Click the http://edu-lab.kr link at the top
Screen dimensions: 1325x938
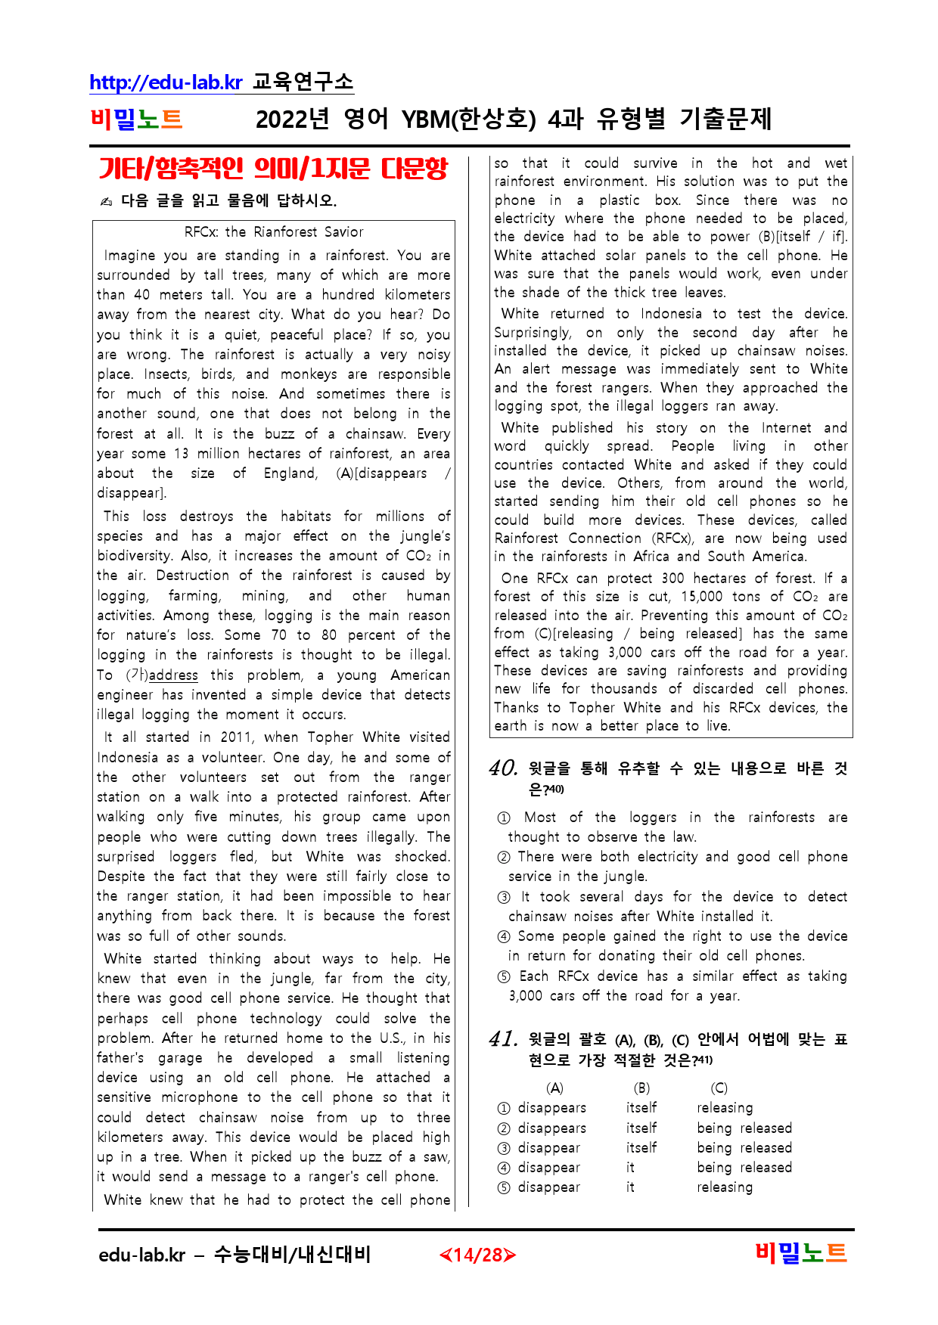[166, 82]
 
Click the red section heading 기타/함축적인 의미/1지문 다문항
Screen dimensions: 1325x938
[273, 168]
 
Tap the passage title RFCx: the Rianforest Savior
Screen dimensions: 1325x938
[274, 232]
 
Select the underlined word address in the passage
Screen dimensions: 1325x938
[173, 675]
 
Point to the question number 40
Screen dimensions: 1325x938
[503, 768]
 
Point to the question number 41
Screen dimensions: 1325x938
[503, 1039]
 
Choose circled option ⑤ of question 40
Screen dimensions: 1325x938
[504, 977]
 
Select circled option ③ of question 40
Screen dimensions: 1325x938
[504, 898]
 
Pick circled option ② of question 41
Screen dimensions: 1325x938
[504, 1128]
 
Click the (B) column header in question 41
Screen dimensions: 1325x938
[641, 1088]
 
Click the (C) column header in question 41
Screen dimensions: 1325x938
[719, 1088]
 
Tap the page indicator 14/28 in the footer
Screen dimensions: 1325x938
[477, 1255]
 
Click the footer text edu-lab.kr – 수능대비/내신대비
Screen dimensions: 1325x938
[234, 1255]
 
